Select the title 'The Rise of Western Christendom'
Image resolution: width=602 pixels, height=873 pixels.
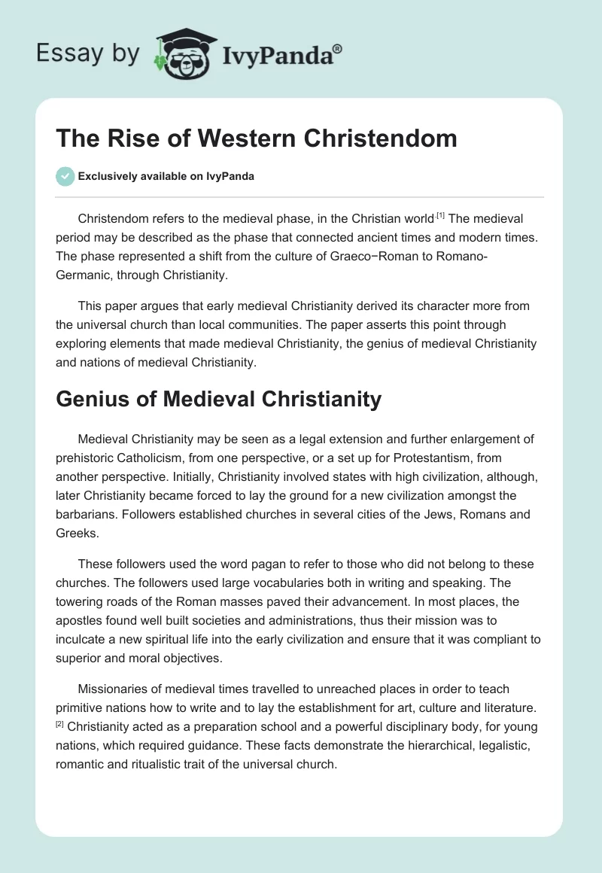pos(257,138)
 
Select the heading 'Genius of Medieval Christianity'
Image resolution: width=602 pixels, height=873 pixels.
pos(218,399)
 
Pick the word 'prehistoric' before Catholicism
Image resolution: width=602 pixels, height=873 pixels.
pos(88,457)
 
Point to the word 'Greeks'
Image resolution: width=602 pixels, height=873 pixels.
pos(76,532)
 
